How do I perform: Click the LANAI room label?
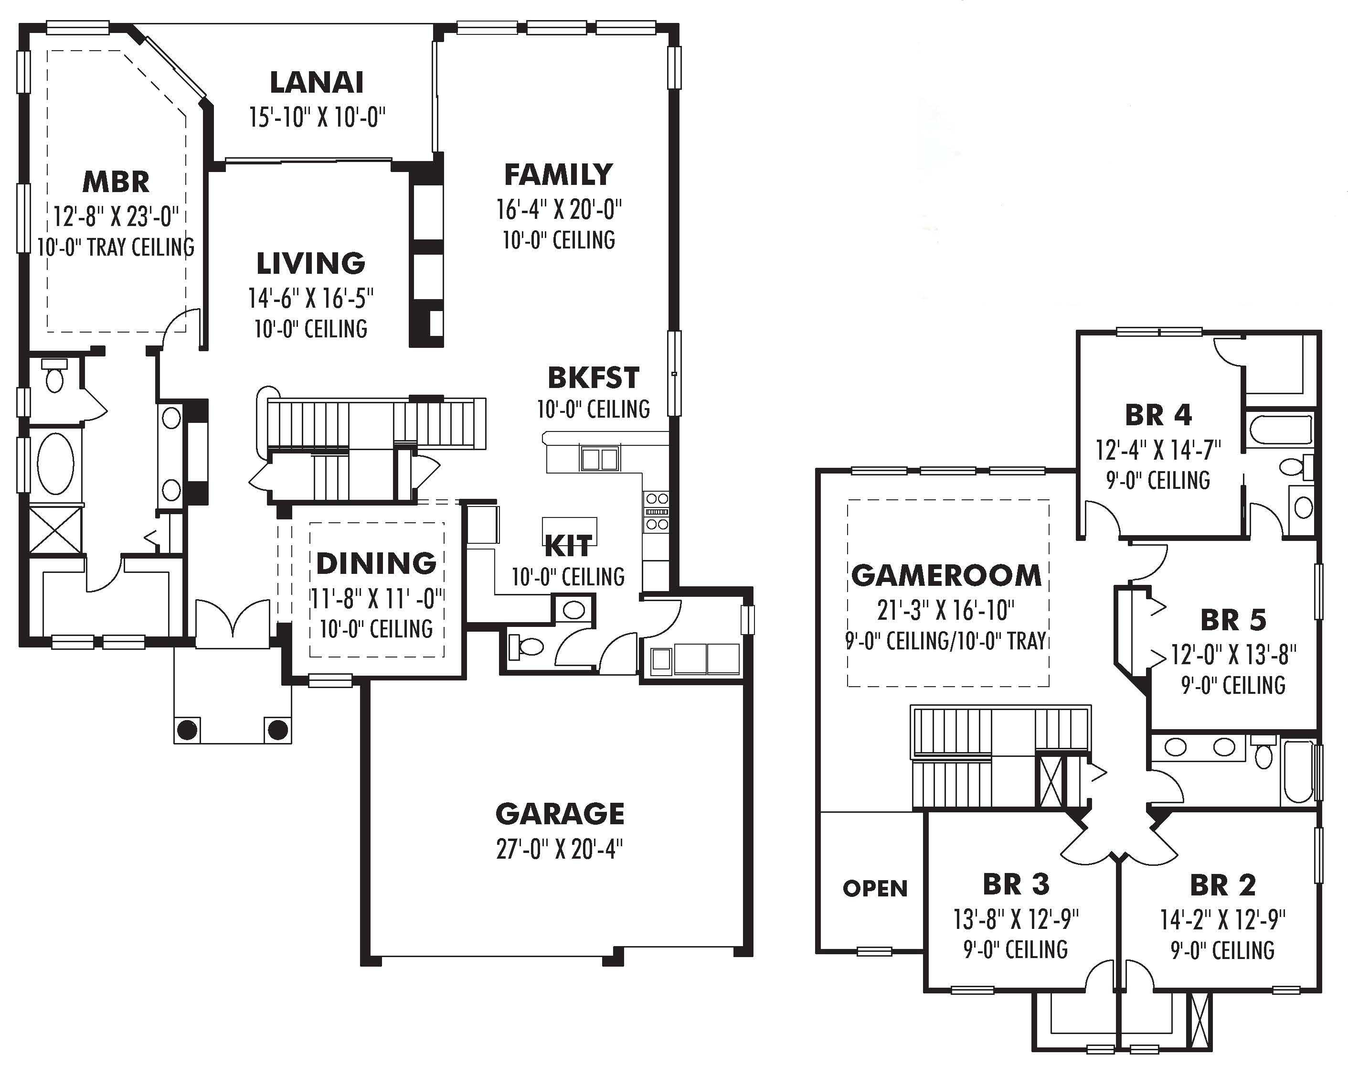point(317,83)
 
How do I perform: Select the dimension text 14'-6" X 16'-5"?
point(311,299)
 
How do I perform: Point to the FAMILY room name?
point(558,175)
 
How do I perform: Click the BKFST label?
point(593,378)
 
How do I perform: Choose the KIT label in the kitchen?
point(568,546)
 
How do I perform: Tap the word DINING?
point(376,563)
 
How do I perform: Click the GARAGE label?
point(560,814)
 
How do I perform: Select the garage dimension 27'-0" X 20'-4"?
point(560,849)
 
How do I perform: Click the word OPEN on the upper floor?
point(875,888)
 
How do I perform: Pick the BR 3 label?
point(1016,884)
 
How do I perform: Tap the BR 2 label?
point(1222,886)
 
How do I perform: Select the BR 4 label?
point(1158,415)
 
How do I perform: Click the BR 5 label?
point(1233,620)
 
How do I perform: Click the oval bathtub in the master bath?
point(55,464)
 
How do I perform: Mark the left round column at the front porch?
point(188,729)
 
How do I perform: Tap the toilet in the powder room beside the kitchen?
point(528,647)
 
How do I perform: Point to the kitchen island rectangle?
point(569,531)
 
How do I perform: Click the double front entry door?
point(233,618)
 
